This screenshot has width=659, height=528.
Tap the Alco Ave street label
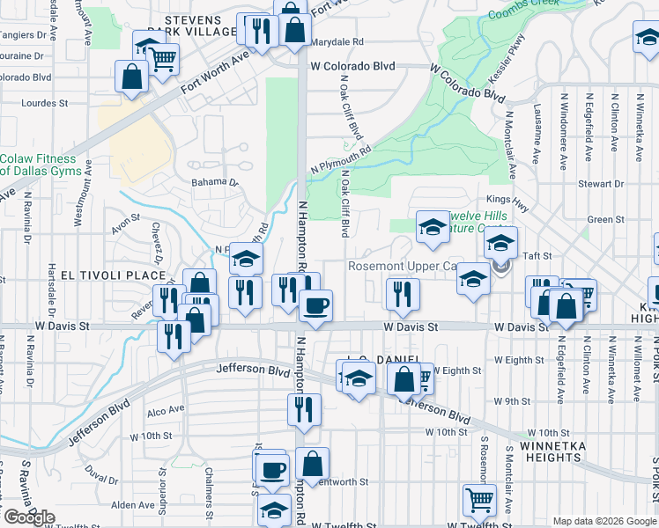click(166, 409)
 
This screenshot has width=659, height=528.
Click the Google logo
click(30, 517)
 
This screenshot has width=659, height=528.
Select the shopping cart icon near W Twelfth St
click(479, 499)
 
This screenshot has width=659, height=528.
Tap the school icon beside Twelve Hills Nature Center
click(433, 226)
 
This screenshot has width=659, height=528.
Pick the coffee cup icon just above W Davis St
click(315, 305)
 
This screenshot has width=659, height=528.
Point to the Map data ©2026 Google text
click(603, 521)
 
